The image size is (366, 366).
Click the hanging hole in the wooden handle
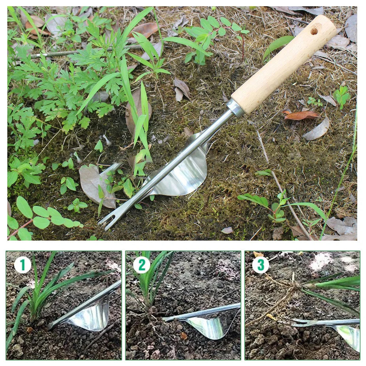coord(314,31)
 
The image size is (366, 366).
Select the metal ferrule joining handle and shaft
coord(235,108)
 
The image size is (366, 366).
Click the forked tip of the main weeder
coord(106,221)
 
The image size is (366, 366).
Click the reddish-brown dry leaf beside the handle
coord(301,115)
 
